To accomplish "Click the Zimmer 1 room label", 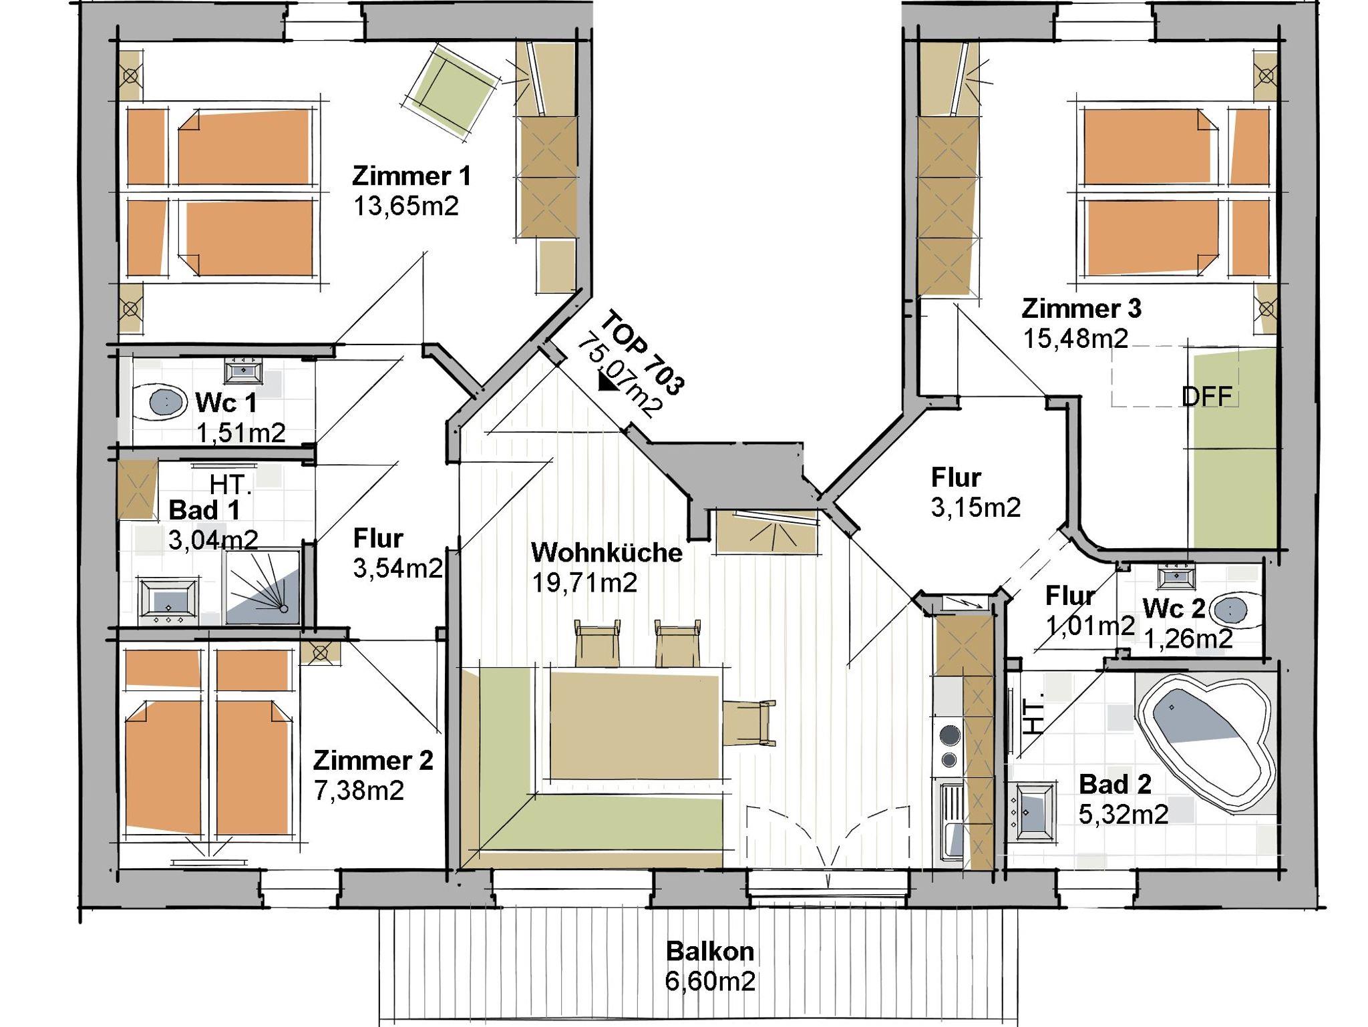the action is tap(411, 176).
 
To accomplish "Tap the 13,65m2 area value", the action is tap(406, 206).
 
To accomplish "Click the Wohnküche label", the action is tap(607, 553).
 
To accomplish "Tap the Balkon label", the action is tap(710, 951).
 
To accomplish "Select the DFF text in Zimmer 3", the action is tap(1206, 397).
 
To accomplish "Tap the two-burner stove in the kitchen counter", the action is tap(949, 747).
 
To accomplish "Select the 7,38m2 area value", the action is tap(359, 791).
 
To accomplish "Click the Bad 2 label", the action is tap(1115, 784).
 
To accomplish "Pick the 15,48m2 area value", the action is tap(1075, 339).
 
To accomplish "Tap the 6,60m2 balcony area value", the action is tap(710, 981).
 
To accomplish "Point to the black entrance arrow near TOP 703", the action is tap(609, 381).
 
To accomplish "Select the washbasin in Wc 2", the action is tap(1176, 574).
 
